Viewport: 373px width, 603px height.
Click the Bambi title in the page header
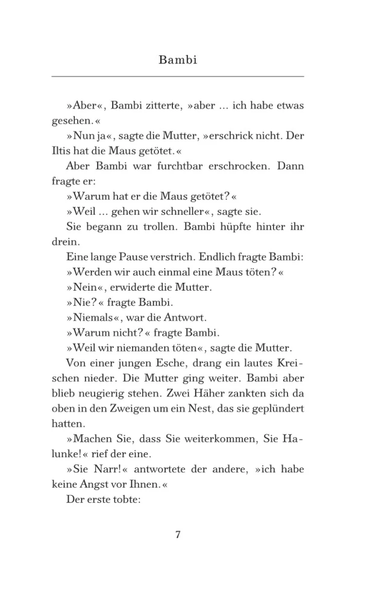tap(178, 60)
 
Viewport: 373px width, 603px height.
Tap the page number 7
tap(178, 535)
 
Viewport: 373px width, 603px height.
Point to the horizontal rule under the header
tap(178, 77)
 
